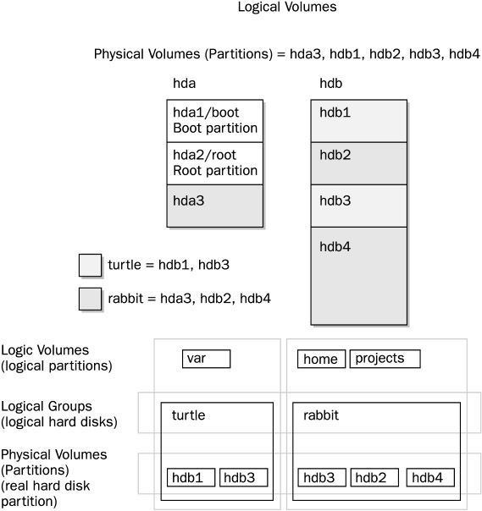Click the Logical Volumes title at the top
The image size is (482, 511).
[x=287, y=7]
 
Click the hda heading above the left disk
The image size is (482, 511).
[x=184, y=84]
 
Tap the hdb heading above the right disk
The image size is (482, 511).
[x=330, y=84]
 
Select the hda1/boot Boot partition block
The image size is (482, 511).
[x=214, y=121]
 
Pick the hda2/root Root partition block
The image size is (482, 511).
[x=214, y=163]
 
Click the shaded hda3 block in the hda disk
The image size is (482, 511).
[x=214, y=206]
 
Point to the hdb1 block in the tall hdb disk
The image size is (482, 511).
[x=358, y=121]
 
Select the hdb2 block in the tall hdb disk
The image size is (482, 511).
[x=358, y=163]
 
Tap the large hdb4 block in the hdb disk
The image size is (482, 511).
[x=358, y=276]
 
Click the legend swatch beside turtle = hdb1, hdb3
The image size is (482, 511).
[x=90, y=266]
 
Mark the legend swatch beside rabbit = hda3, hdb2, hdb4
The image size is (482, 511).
[x=90, y=299]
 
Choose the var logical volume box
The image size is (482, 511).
[x=206, y=359]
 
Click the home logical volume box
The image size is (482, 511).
[x=321, y=359]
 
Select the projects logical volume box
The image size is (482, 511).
[x=385, y=359]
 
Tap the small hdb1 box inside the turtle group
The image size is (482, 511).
[x=191, y=477]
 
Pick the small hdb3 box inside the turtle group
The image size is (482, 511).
[x=244, y=477]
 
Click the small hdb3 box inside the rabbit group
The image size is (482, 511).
[x=322, y=477]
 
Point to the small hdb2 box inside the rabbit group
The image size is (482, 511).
[x=374, y=477]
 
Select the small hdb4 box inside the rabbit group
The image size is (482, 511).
[x=430, y=477]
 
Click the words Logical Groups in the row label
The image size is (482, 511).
[x=47, y=407]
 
